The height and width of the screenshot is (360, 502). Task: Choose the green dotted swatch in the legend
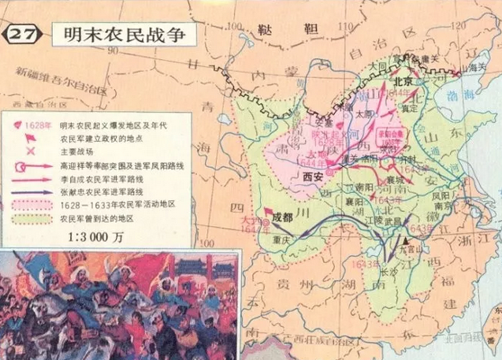click(x=32, y=218)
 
